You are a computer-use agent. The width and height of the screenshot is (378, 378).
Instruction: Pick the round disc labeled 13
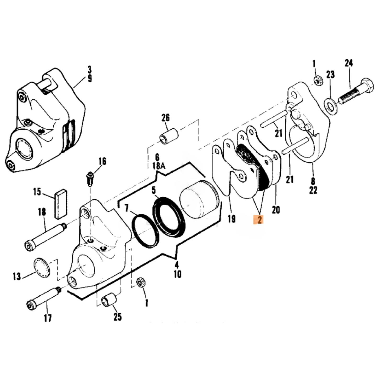tap(42, 267)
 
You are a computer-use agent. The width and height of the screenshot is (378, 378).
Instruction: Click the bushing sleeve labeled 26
tap(169, 136)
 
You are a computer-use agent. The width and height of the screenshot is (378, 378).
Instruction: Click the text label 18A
tap(159, 166)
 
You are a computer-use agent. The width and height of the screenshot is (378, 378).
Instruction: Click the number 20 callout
tap(276, 210)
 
